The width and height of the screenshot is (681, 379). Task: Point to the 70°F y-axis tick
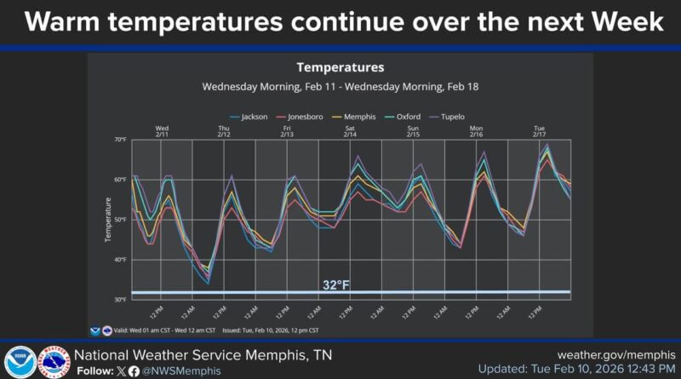120,139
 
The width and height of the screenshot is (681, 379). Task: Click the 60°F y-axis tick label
120,180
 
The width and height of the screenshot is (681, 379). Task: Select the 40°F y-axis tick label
120,260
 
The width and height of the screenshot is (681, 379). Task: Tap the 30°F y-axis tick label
120,300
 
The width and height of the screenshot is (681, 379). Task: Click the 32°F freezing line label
336,284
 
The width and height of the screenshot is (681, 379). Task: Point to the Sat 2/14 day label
350,131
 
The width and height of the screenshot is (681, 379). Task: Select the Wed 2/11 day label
162,131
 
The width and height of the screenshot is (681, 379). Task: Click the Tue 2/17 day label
539,131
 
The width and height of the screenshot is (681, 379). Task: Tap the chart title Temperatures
340,67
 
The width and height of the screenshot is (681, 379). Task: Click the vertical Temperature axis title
108,219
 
